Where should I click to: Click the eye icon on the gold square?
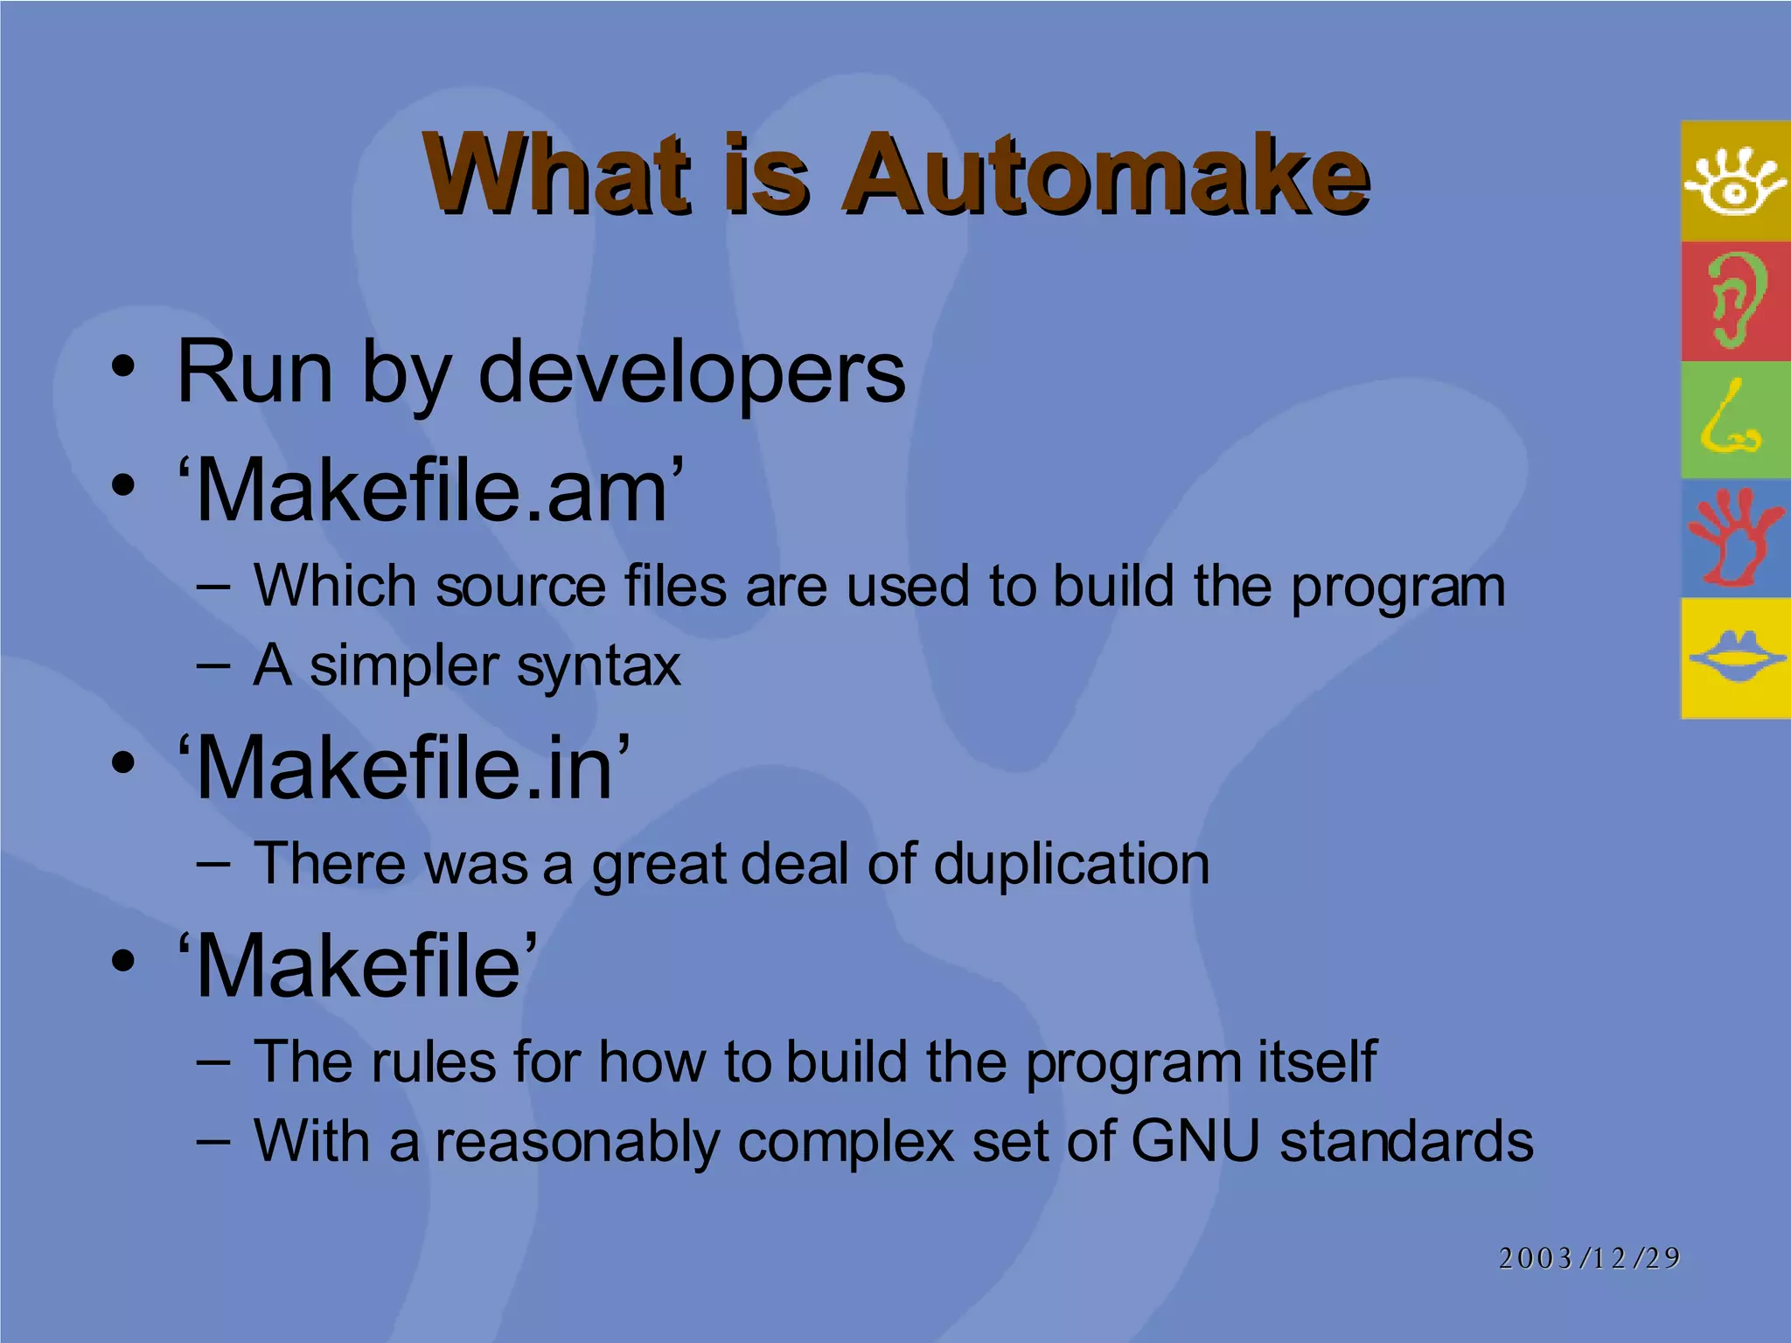click(x=1735, y=182)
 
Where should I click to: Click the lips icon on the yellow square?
click(x=1735, y=658)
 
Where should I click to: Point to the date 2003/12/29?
click(x=1589, y=1257)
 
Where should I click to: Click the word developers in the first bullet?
click(x=692, y=374)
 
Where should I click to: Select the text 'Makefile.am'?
click(x=430, y=491)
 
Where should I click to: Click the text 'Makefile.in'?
click(x=404, y=768)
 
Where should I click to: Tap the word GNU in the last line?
click(x=1195, y=1141)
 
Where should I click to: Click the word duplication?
click(x=1071, y=864)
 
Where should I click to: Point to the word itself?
click(x=1317, y=1062)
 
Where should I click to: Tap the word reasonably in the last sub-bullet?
click(x=577, y=1141)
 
